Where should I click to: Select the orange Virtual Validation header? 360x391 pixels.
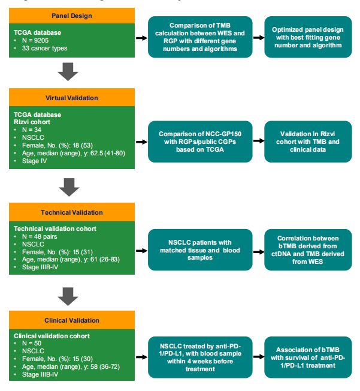click(x=72, y=97)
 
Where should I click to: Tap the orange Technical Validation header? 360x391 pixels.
click(x=72, y=212)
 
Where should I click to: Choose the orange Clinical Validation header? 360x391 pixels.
click(x=72, y=320)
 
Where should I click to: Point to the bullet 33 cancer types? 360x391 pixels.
click(x=46, y=48)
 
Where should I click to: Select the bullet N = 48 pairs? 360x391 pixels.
click(x=43, y=236)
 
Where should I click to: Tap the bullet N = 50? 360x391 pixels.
click(x=33, y=344)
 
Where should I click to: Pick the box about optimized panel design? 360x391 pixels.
click(x=308, y=37)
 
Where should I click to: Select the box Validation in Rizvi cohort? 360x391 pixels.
click(x=308, y=141)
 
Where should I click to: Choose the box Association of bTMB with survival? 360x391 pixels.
click(x=308, y=356)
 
